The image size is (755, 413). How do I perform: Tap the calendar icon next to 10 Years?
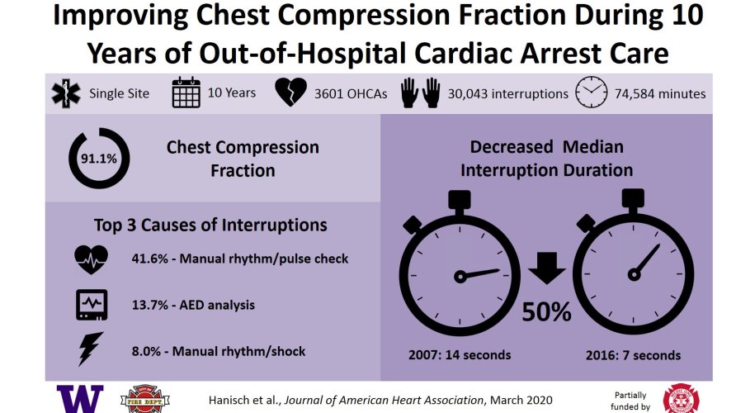point(186,93)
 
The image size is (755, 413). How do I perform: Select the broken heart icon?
point(288,93)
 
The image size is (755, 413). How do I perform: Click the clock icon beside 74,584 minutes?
point(591,93)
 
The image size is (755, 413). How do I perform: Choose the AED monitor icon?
point(91,305)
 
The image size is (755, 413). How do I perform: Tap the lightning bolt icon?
point(88,350)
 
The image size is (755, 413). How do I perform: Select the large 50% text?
point(545,311)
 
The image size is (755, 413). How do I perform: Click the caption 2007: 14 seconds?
point(460,355)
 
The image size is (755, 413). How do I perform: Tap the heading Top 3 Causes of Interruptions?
point(211,225)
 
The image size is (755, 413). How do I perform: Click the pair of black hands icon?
point(421,93)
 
